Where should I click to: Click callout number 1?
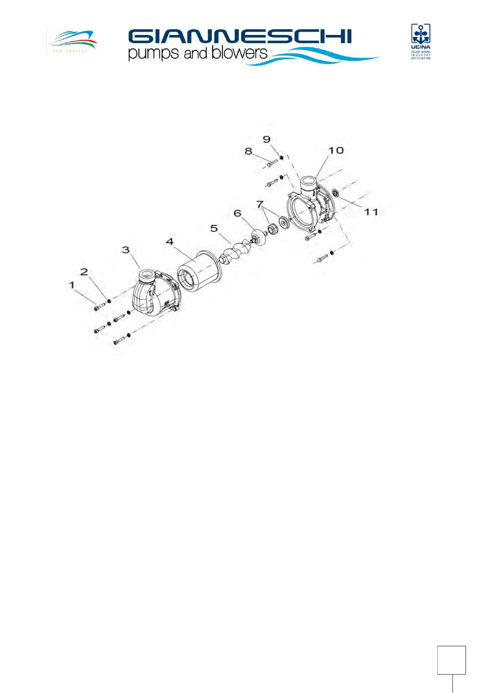[x=72, y=285]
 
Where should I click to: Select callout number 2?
[x=84, y=272]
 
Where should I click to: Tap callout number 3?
[x=125, y=250]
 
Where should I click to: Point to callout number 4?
[x=170, y=242]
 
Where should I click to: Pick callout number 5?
[x=214, y=228]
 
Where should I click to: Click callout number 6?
[x=237, y=213]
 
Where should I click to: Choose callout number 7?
[x=260, y=204]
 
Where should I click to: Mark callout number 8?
[x=248, y=151]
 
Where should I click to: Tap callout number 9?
[x=267, y=140]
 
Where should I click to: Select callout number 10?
[x=336, y=151]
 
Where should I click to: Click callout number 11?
[x=371, y=212]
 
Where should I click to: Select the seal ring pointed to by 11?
[x=335, y=193]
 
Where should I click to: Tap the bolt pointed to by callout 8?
[x=272, y=163]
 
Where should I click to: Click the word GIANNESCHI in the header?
[x=239, y=37]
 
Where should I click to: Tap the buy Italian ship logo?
[x=73, y=40]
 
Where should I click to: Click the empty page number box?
[x=451, y=660]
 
